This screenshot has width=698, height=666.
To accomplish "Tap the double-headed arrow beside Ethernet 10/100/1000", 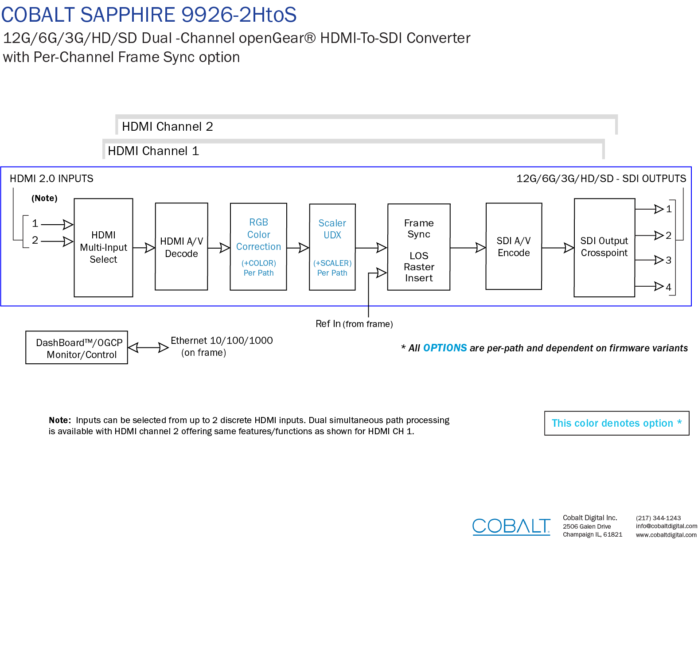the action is click(x=148, y=348).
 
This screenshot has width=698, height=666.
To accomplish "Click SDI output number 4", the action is click(x=668, y=287).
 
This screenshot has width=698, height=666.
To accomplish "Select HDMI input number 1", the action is click(x=35, y=223).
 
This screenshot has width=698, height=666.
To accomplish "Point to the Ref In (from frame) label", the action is click(x=354, y=324).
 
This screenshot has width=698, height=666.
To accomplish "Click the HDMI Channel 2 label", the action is click(x=168, y=127).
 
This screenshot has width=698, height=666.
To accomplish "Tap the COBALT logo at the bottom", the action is click(x=511, y=526).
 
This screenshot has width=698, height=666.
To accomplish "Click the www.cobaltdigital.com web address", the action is click(x=666, y=535).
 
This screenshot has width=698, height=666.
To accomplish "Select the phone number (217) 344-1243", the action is click(x=658, y=518).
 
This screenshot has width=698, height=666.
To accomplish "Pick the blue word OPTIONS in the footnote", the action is click(x=445, y=348).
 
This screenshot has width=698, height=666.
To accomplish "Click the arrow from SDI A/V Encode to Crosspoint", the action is click(x=558, y=248).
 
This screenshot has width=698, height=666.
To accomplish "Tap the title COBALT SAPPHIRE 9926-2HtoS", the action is click(x=149, y=15).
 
